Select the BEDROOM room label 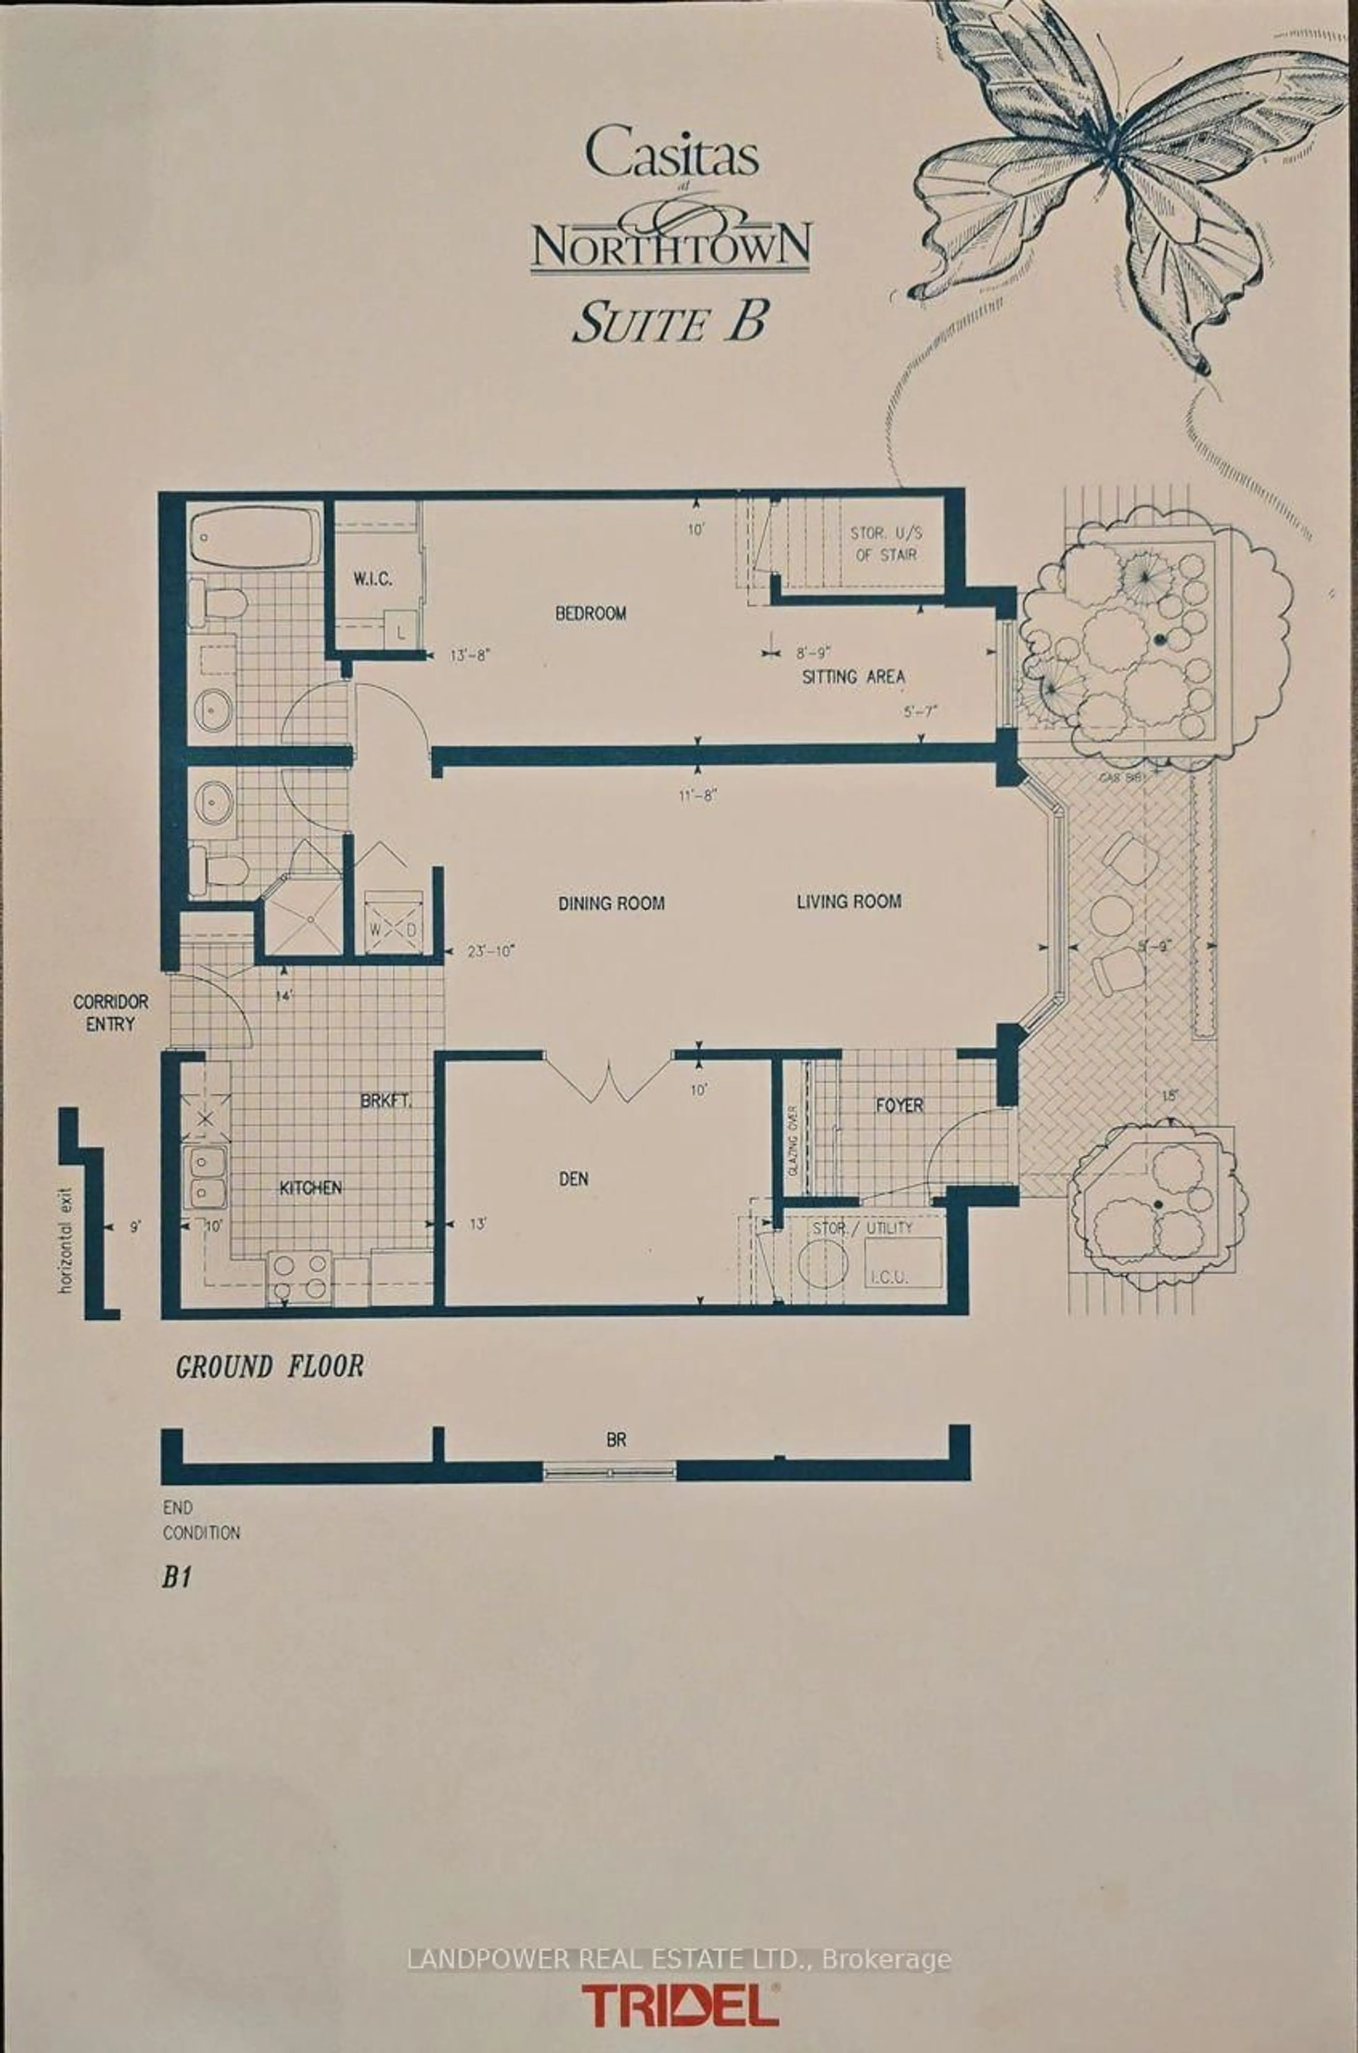coord(591,613)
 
